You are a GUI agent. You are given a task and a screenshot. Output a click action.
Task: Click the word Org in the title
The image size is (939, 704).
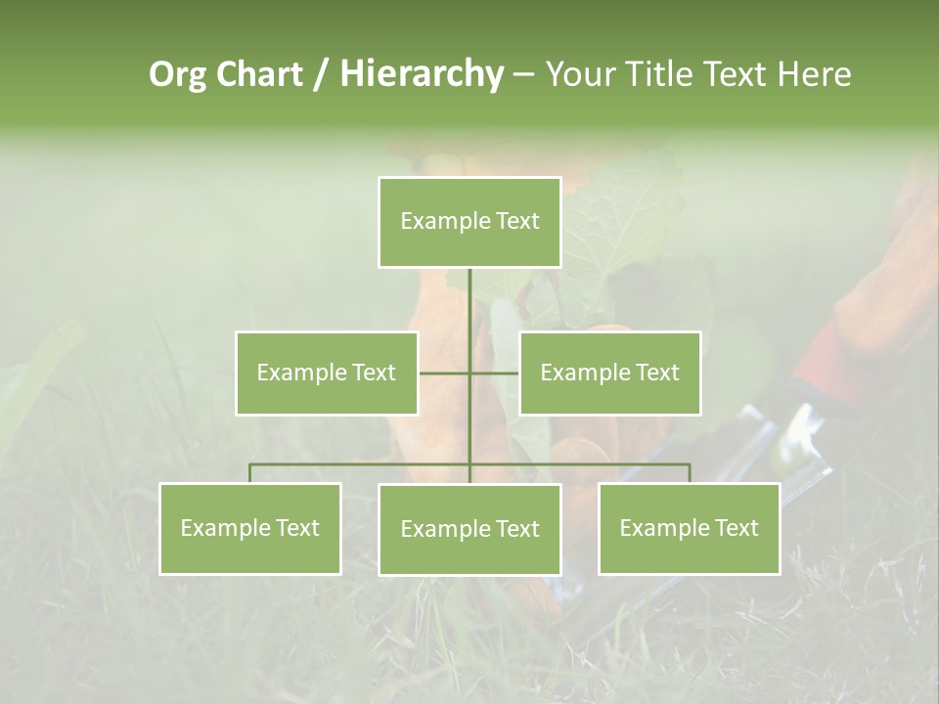177,74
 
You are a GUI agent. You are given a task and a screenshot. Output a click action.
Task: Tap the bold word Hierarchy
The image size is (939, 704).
422,74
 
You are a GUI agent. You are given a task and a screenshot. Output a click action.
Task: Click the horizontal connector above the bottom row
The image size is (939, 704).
362,464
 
